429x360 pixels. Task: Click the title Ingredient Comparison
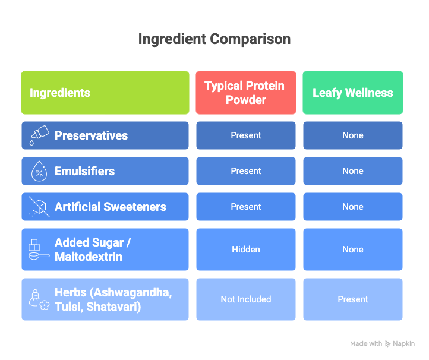click(x=214, y=39)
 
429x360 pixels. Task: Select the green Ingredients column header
click(x=105, y=93)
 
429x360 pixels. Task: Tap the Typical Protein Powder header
click(x=246, y=93)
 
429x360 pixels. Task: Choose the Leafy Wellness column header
click(x=353, y=93)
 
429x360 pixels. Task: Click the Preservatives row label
click(x=91, y=135)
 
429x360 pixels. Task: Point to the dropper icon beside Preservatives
click(x=39, y=135)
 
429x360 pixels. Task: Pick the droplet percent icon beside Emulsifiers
click(x=39, y=171)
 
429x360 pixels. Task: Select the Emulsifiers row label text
click(x=84, y=171)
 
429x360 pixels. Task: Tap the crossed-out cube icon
click(x=39, y=207)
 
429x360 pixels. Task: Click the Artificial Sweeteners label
click(x=111, y=207)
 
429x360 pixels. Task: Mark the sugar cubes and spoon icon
click(x=39, y=250)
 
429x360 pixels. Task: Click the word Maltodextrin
click(x=89, y=257)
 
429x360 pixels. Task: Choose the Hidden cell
click(x=246, y=250)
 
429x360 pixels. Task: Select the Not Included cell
click(x=246, y=299)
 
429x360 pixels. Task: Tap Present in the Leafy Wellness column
click(x=353, y=299)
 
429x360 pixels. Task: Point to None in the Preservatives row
click(x=353, y=135)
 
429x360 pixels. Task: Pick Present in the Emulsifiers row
click(x=246, y=171)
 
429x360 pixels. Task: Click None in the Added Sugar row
click(x=353, y=250)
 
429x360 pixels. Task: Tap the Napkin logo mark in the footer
click(x=387, y=344)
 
